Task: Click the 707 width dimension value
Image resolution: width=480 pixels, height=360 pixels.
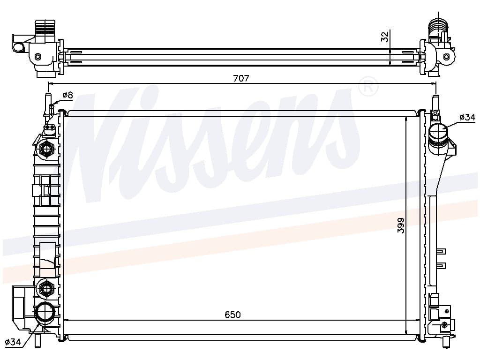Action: [241, 78]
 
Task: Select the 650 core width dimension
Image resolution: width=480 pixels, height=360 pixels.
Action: [232, 315]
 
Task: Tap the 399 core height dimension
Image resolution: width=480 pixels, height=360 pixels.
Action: [401, 225]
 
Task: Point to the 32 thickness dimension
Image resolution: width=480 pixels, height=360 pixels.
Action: [385, 37]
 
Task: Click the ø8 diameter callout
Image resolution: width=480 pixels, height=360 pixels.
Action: [67, 95]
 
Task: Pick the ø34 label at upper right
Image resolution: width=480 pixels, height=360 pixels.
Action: [467, 117]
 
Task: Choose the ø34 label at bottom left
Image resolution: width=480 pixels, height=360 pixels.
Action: [13, 342]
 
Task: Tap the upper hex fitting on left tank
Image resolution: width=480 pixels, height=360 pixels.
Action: [46, 149]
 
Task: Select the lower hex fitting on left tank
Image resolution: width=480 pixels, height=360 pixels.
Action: [46, 288]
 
